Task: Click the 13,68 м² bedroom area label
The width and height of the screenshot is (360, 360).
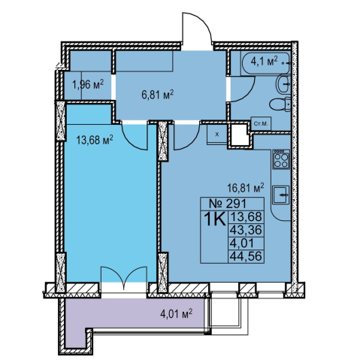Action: (x=95, y=140)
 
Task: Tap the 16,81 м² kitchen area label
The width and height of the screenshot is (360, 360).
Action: (x=246, y=188)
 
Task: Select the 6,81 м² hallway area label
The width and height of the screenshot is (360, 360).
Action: (x=158, y=95)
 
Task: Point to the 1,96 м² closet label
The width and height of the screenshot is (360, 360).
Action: (x=88, y=84)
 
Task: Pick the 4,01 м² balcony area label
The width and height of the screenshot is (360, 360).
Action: (x=177, y=313)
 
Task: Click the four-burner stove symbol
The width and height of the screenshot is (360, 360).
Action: (x=281, y=159)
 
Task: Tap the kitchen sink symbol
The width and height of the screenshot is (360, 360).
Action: (x=281, y=195)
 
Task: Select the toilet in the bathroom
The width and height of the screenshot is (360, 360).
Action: (x=280, y=104)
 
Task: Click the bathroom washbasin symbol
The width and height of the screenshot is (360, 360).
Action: (x=283, y=84)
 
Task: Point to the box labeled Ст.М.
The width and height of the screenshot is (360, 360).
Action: (x=261, y=123)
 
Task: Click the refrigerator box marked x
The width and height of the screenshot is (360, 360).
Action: (x=217, y=135)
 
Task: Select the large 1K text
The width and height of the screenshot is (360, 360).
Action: (x=214, y=219)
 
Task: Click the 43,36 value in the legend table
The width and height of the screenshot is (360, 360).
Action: (x=246, y=230)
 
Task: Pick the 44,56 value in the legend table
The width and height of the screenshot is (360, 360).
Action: (x=246, y=256)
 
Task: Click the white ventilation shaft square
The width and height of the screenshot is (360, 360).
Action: (x=240, y=135)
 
